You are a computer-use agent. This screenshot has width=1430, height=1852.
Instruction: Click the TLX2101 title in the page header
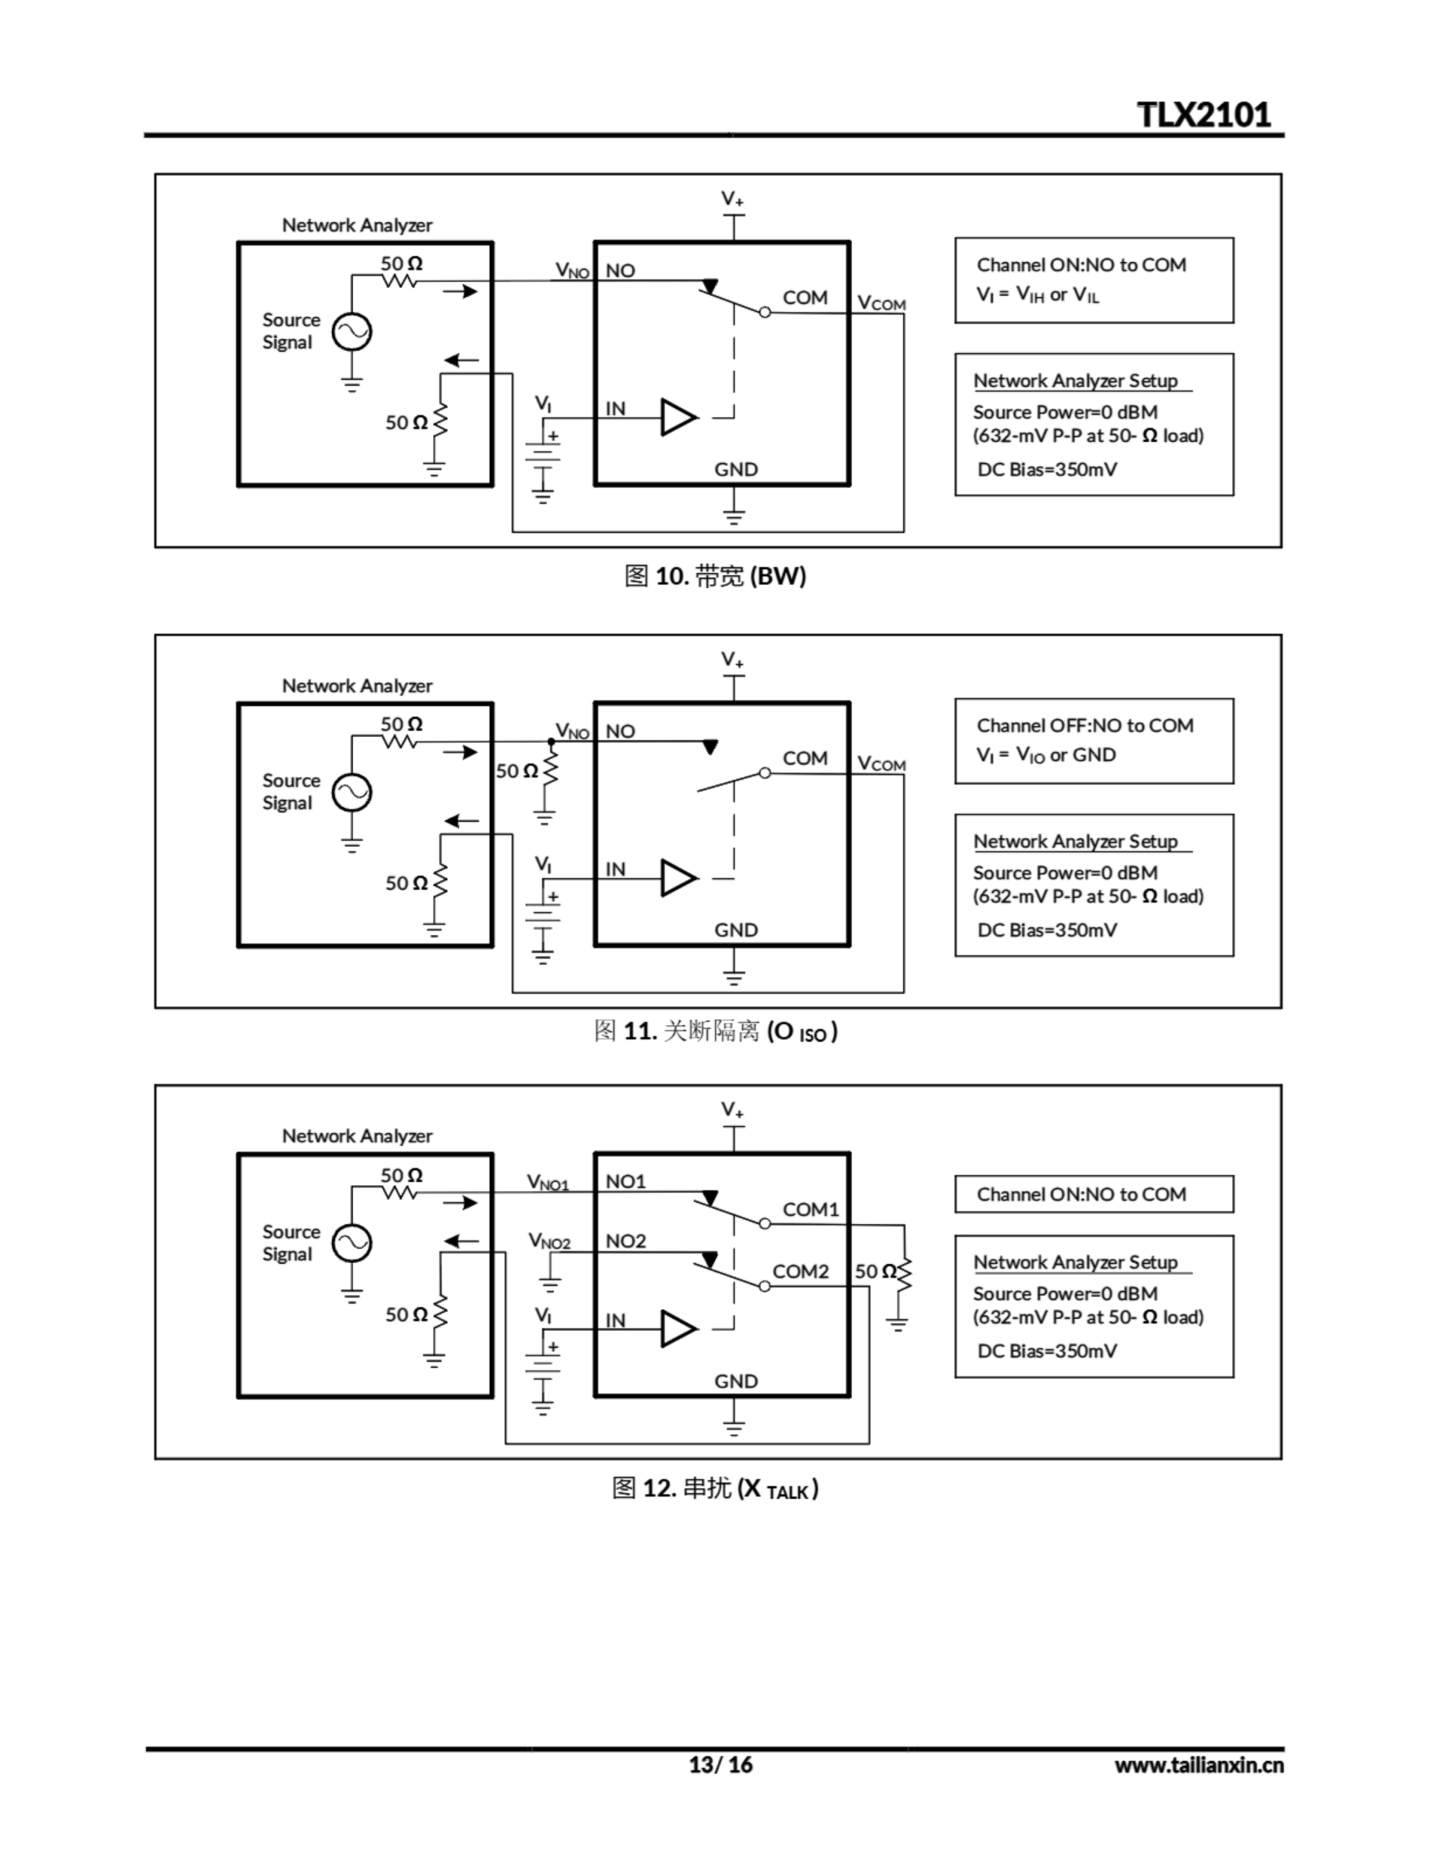pos(1203,114)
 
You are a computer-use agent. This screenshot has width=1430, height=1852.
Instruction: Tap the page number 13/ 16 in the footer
pos(719,1764)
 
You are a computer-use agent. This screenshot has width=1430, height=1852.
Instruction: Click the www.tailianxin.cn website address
pos(1199,1765)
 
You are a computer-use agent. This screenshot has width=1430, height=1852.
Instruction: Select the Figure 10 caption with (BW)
pos(714,576)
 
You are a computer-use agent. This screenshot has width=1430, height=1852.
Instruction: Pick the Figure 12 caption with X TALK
pos(714,1489)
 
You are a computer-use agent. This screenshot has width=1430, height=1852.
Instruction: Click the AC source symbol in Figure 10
pos(351,331)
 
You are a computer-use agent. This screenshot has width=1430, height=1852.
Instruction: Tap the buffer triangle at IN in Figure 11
pos(678,878)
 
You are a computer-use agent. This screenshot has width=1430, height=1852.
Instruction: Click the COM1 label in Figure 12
pos(810,1210)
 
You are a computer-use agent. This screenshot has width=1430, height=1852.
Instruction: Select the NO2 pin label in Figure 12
pos(625,1241)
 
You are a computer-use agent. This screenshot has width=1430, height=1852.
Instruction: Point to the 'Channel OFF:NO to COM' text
pos(1084,726)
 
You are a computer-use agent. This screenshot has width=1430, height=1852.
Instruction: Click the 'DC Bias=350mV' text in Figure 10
pos(1047,470)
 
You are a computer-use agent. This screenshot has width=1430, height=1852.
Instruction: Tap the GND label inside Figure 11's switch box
pos(735,930)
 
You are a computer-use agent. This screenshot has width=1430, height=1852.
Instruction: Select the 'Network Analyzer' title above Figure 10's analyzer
pos(357,226)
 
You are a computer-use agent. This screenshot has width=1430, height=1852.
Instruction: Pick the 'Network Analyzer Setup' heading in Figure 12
pos(1075,1262)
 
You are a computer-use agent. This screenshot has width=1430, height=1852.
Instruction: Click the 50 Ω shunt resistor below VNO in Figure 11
pos(550,770)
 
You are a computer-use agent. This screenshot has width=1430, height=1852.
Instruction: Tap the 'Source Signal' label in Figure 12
pos(291,1243)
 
